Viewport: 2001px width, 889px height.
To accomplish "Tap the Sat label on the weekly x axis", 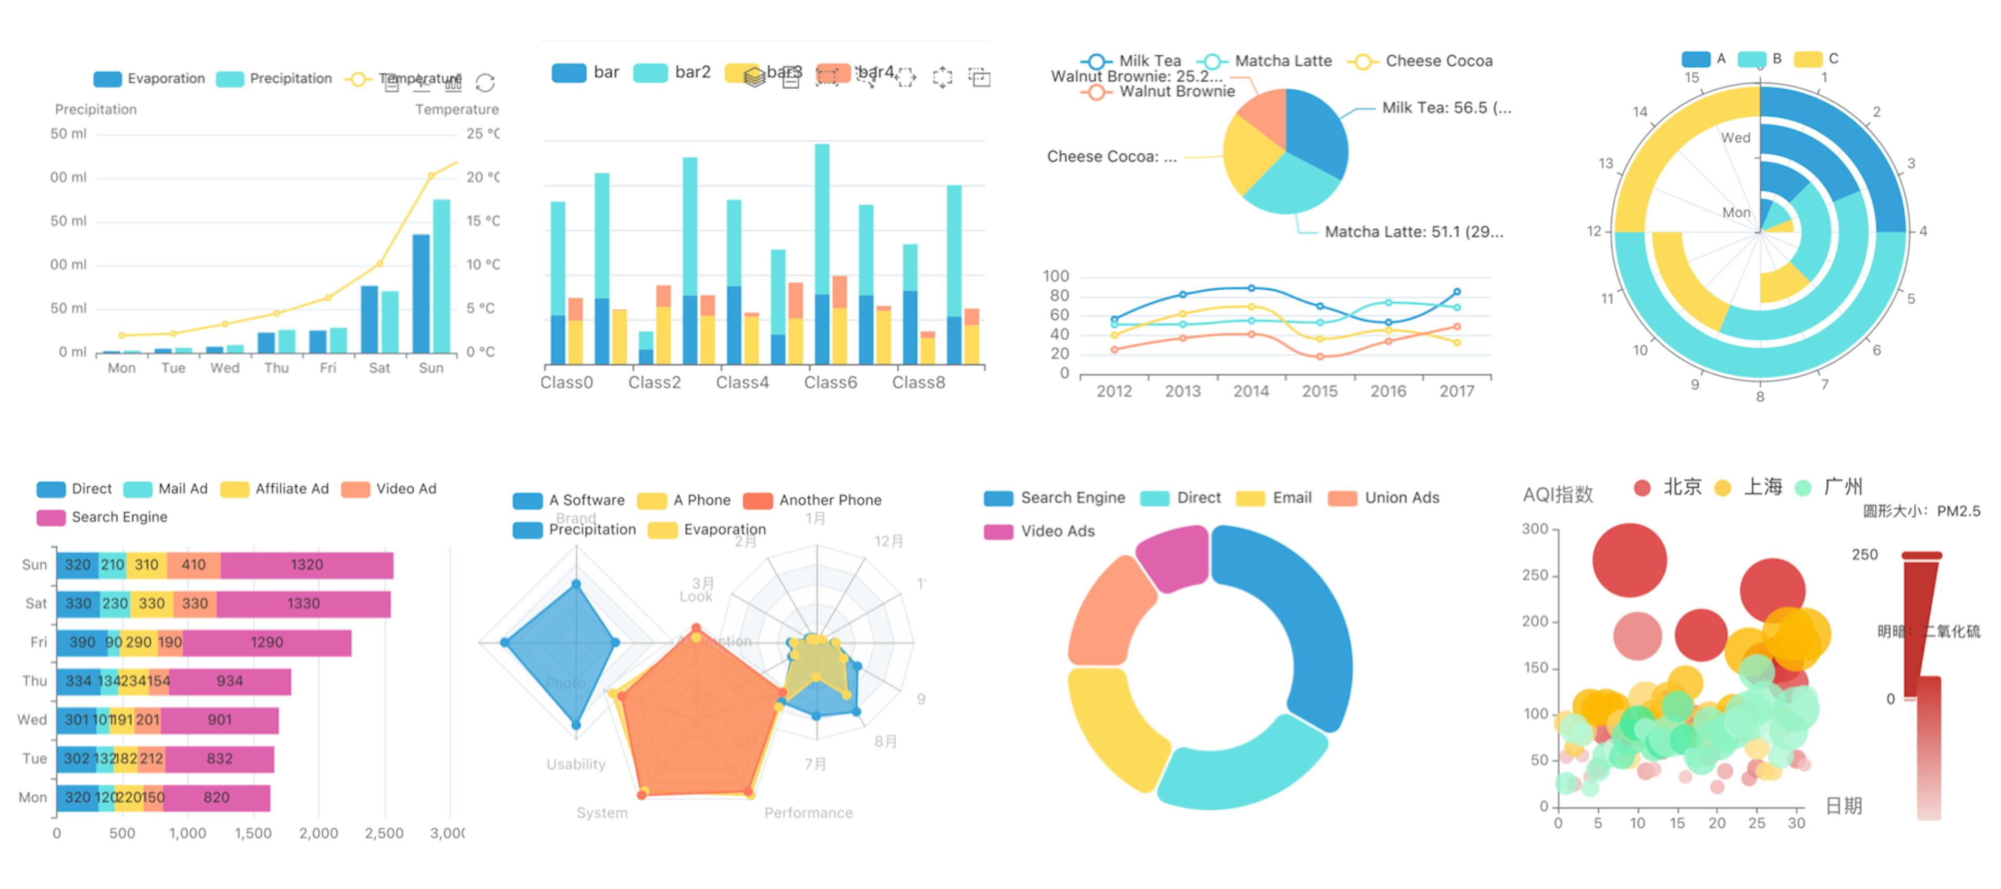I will [379, 367].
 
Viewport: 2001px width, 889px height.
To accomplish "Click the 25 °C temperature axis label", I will [481, 133].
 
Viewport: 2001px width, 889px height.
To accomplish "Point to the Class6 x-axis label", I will [831, 382].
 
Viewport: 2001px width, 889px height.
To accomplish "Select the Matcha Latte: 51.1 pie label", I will [1414, 231].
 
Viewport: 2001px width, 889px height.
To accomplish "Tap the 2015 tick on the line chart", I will [1320, 391].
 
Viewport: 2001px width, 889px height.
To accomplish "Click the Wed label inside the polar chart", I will [1735, 138].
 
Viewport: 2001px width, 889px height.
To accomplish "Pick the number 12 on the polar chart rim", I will [1594, 231].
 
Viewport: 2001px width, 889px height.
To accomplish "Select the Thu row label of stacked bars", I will [34, 681].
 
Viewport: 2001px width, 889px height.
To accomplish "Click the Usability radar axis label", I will [576, 764].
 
